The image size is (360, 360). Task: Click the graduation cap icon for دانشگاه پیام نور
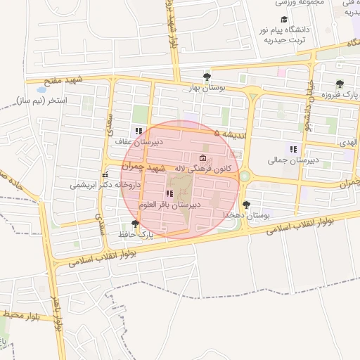284,19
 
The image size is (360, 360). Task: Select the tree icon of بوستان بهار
206,77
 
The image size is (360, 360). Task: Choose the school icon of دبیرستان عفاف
139,131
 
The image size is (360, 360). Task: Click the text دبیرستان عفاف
139,141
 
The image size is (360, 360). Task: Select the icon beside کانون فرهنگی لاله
203,157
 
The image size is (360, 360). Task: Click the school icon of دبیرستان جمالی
292,149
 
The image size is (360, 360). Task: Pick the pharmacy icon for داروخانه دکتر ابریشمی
105,174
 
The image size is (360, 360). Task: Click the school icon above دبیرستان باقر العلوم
169,193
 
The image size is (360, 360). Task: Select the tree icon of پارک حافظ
135,223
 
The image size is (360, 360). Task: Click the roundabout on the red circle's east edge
244,176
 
